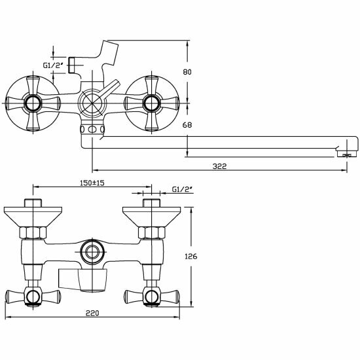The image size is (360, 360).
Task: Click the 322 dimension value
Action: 219,166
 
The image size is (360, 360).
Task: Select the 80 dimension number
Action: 187,72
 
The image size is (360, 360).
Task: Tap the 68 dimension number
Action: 187,125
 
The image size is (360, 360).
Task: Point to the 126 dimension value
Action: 191,256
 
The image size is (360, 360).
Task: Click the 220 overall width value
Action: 92,313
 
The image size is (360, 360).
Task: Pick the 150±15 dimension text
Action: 92,183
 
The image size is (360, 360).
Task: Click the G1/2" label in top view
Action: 53,65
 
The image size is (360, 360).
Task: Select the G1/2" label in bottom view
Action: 182,189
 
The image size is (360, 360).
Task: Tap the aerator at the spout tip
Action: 346,154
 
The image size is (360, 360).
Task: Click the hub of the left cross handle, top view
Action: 33,103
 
